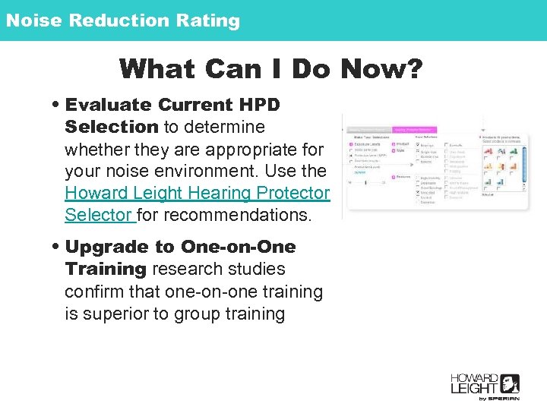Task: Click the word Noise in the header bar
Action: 33,20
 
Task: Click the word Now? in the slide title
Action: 381,69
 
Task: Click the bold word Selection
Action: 111,127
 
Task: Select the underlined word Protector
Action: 294,193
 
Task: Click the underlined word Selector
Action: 98,215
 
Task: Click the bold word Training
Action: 106,270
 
